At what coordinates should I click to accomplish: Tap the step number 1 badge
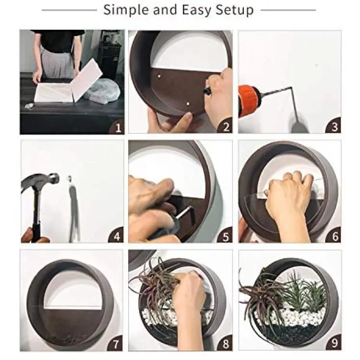click(117, 127)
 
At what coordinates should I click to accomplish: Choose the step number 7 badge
click(115, 344)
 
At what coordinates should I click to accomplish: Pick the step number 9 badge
click(334, 343)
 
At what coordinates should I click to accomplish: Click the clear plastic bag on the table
click(102, 91)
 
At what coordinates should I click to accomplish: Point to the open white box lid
click(87, 79)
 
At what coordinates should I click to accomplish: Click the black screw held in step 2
click(207, 90)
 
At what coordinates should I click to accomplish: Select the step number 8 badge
click(225, 344)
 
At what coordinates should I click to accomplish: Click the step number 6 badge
click(334, 236)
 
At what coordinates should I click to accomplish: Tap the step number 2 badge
click(225, 126)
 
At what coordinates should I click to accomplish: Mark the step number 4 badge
click(117, 236)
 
